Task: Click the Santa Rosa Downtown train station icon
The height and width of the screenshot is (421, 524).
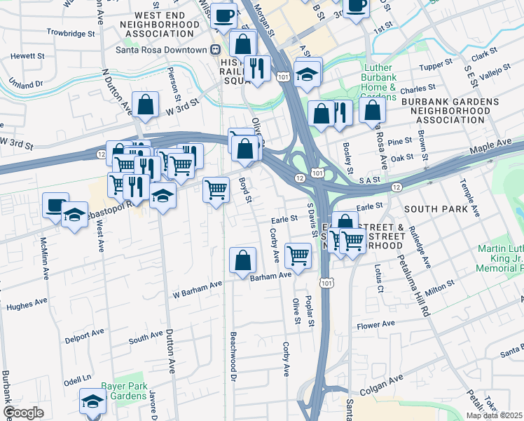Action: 216,50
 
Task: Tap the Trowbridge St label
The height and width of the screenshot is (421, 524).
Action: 70,33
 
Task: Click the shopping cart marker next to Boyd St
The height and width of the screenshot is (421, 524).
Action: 216,189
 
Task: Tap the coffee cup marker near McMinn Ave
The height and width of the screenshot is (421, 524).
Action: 55,205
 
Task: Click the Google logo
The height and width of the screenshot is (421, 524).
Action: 23,413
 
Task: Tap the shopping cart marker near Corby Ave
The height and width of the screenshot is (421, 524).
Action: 298,255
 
